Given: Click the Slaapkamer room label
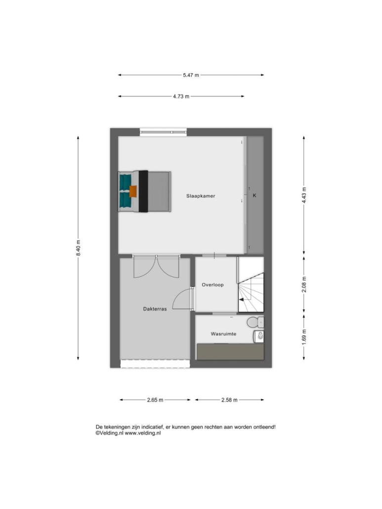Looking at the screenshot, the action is pyautogui.click(x=201, y=196).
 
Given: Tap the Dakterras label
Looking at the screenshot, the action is pyautogui.click(x=155, y=309).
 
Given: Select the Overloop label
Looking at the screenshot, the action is pyautogui.click(x=212, y=285).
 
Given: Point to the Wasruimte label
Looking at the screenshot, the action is pyautogui.click(x=223, y=334).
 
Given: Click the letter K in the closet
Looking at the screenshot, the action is pyautogui.click(x=255, y=195).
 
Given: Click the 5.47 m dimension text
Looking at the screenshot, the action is pyautogui.click(x=191, y=75).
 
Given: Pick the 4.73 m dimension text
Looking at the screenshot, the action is pyautogui.click(x=181, y=96).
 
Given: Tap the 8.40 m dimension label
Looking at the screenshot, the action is pyautogui.click(x=78, y=248).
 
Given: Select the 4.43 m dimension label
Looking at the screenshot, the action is pyautogui.click(x=304, y=195).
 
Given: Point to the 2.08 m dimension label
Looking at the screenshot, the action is pyautogui.click(x=304, y=284).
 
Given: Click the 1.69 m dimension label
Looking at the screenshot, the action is pyautogui.click(x=304, y=337).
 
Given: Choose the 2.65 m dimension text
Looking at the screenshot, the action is pyautogui.click(x=155, y=400).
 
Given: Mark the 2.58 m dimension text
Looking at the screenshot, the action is pyautogui.click(x=229, y=400).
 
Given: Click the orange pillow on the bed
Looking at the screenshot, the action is pyautogui.click(x=133, y=192).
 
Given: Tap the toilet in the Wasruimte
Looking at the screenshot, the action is pyautogui.click(x=255, y=322).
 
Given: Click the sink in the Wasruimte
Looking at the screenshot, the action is pyautogui.click(x=258, y=337).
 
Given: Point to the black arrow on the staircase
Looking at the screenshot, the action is pyautogui.click(x=242, y=300).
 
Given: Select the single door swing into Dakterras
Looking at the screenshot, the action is pyautogui.click(x=182, y=298).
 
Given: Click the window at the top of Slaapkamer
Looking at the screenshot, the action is pyautogui.click(x=163, y=132).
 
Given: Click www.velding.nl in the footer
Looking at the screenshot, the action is pyautogui.click(x=143, y=433).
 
